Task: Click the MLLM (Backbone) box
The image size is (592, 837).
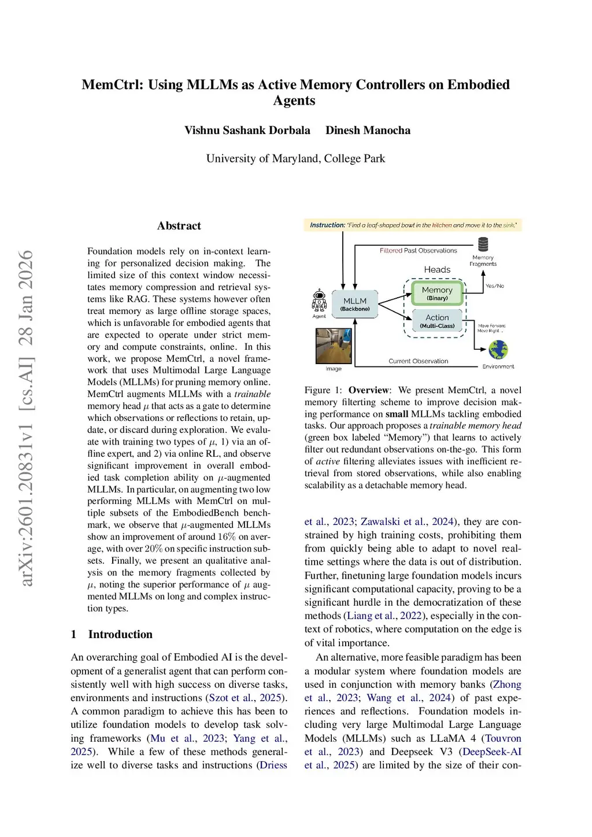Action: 355,304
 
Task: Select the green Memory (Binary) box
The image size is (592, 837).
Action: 437,293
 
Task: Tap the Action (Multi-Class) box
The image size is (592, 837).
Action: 437,321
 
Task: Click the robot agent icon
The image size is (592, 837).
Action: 319,301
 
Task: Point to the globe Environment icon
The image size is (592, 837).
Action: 498,350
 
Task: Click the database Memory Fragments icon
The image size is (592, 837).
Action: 483,244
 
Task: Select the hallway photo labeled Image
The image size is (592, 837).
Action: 334,346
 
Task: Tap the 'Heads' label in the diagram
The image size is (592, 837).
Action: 437,269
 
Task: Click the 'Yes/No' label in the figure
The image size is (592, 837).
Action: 494,286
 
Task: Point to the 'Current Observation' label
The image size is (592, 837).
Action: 418,361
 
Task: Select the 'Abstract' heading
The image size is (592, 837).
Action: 179,226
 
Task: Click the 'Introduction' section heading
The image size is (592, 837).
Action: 120,634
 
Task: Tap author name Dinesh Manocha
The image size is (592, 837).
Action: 368,130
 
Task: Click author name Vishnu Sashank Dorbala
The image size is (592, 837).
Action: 247,130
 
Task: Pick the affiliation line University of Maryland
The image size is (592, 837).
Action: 295,158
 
